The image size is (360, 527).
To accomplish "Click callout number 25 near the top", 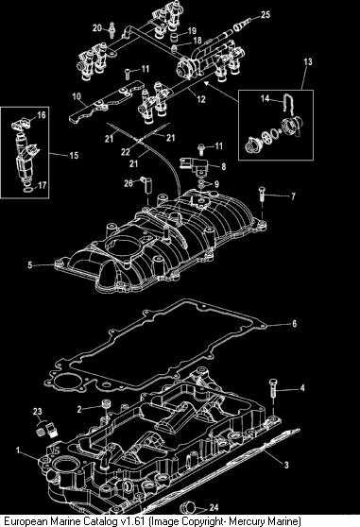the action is click(x=266, y=15).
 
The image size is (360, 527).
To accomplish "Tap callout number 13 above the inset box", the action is click(x=308, y=61).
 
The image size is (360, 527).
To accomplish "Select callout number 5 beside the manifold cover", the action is click(x=30, y=265).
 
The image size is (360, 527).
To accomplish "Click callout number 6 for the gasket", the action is click(x=295, y=324).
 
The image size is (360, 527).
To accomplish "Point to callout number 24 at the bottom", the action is click(x=214, y=507).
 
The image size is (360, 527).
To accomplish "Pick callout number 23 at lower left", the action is click(x=38, y=412).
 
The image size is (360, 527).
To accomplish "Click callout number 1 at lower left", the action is click(x=18, y=450).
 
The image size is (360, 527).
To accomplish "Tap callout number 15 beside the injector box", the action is click(x=74, y=155).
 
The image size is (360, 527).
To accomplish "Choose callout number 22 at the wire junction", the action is click(x=126, y=152).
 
